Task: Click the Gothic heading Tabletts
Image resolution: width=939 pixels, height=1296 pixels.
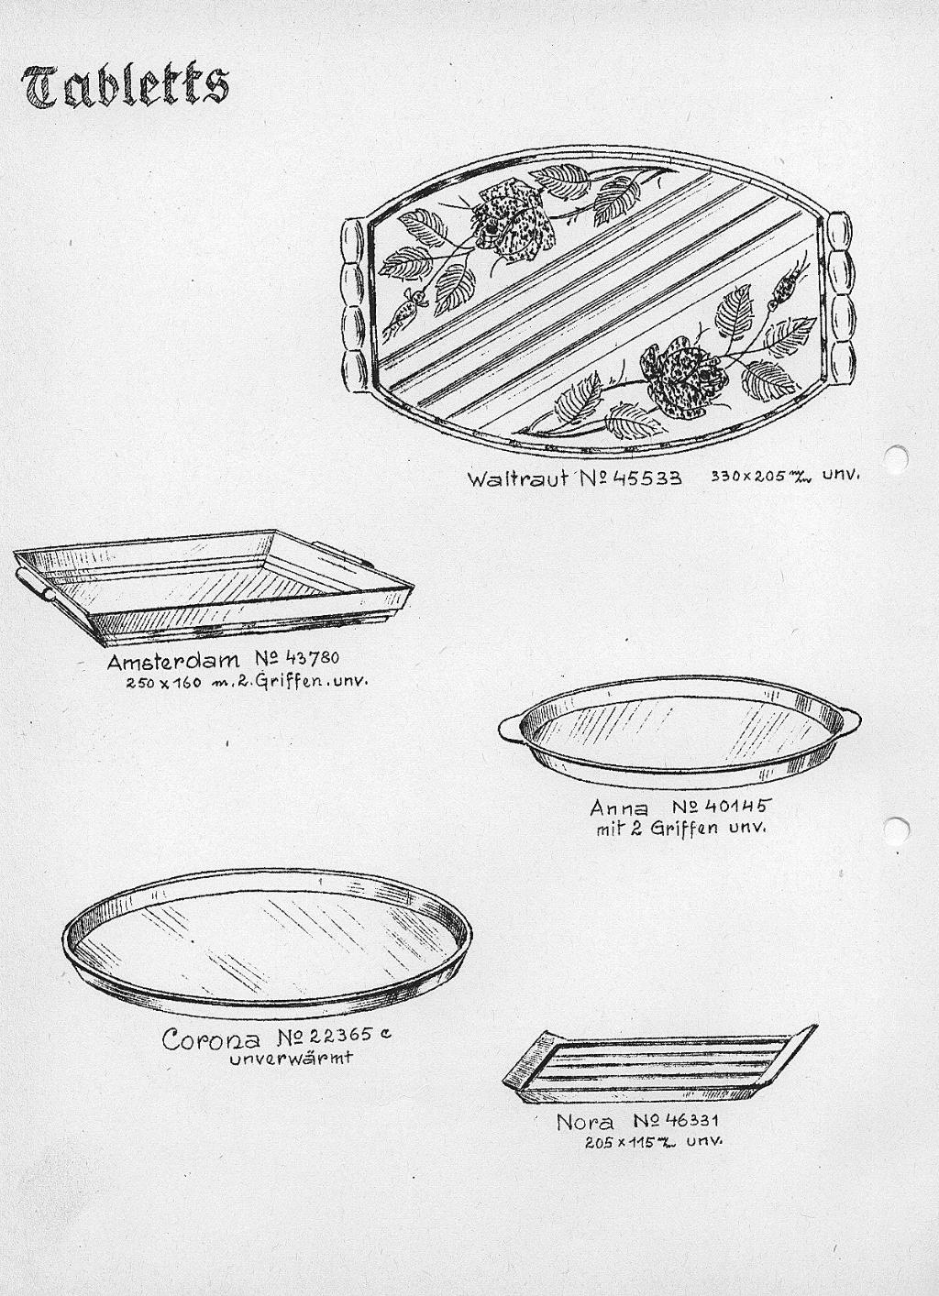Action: coord(126,87)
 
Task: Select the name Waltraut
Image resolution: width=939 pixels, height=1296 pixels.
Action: coord(517,478)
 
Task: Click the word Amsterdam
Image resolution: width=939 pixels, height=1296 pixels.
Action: coord(172,661)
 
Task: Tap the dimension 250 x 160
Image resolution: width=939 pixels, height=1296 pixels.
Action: coord(164,683)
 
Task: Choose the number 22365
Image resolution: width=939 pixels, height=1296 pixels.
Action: coord(337,1035)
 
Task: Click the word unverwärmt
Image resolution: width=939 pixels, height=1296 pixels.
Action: coord(291,1059)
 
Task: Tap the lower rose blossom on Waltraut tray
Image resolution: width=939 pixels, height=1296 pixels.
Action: coord(684,378)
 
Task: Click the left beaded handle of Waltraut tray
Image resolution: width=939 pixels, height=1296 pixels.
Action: coord(354,307)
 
